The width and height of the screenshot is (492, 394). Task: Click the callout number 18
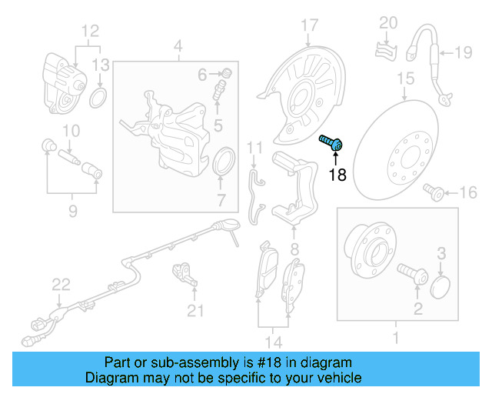[x=337, y=175]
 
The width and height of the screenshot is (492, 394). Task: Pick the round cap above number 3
[x=440, y=288]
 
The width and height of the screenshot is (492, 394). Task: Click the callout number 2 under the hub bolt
[x=418, y=310]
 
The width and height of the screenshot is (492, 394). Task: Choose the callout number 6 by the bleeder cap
[x=203, y=75]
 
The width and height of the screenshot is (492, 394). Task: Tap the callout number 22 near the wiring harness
[x=61, y=285]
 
